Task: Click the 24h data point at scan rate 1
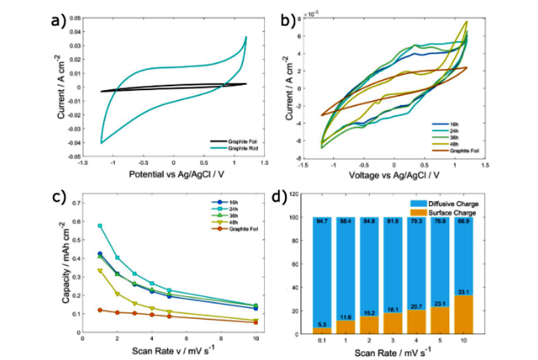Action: (100, 226)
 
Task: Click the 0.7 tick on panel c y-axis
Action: (76, 203)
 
